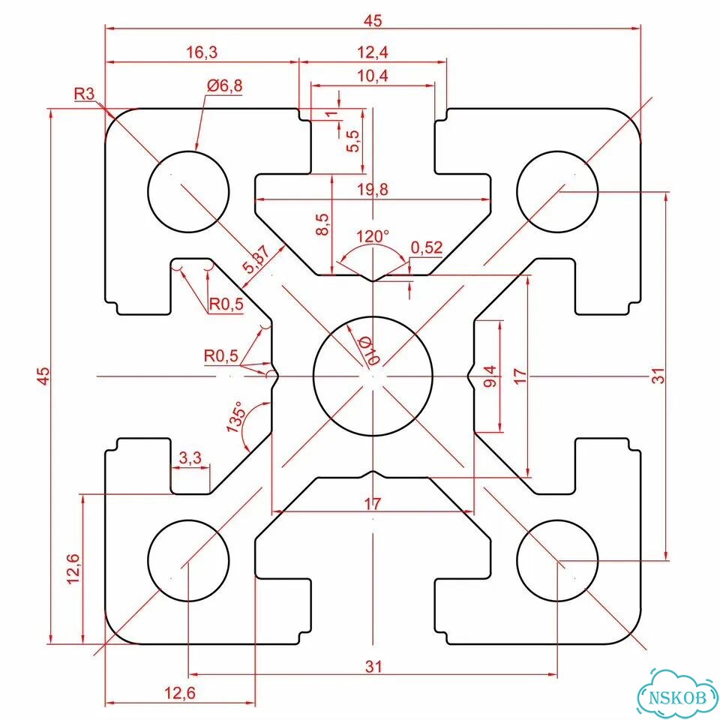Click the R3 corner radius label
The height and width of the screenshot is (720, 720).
[84, 94]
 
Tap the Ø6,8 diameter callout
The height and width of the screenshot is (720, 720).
[224, 85]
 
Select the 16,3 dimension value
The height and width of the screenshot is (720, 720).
[202, 52]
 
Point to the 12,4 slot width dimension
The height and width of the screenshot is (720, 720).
[373, 52]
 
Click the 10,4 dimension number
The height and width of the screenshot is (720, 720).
[373, 76]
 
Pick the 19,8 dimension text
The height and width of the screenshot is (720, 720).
[373, 189]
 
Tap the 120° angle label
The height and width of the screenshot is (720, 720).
[373, 236]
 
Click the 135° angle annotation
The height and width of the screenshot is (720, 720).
[235, 417]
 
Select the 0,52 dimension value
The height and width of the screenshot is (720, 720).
[427, 248]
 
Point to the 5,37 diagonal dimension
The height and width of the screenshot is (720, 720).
[256, 260]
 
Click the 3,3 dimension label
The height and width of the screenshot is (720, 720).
[190, 457]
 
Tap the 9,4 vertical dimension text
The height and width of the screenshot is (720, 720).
[490, 376]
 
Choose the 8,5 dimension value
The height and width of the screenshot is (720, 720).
[323, 224]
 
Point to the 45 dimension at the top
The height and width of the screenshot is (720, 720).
[373, 21]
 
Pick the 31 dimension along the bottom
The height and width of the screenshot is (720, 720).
[373, 666]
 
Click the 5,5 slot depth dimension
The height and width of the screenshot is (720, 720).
[354, 141]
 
